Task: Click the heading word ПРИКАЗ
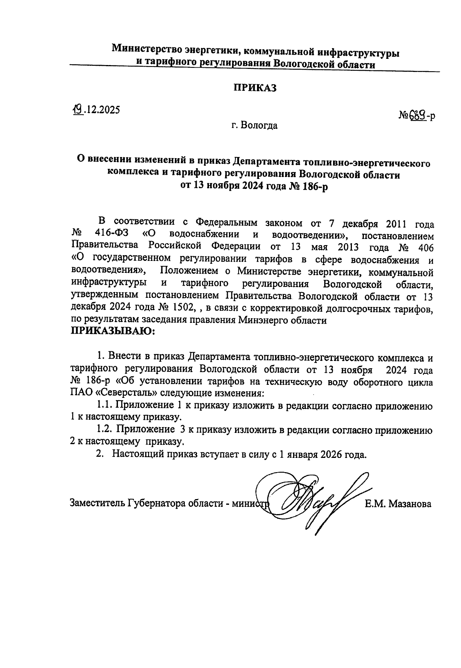point(255,88)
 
